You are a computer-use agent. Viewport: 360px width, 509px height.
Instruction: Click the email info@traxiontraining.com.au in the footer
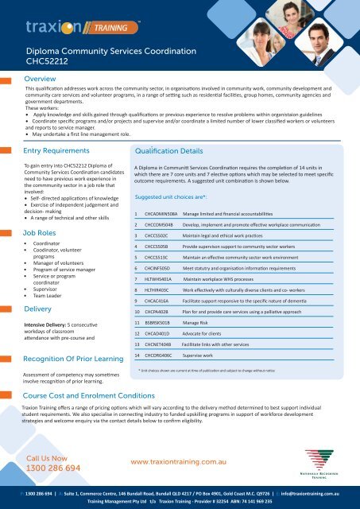(295, 494)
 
